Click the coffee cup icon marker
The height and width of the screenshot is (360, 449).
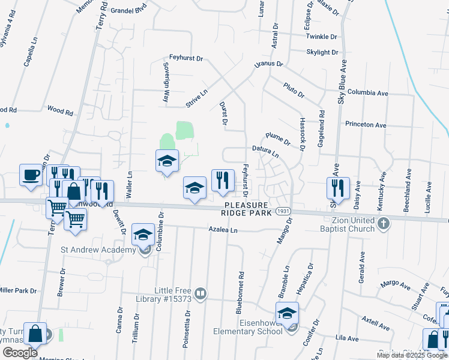click(30, 175)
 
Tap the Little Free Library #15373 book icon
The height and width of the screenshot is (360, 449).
click(201, 294)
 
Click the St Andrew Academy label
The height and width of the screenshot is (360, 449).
click(98, 250)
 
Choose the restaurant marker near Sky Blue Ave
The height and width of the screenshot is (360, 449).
click(338, 187)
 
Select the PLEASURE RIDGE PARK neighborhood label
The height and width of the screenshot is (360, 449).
click(246, 208)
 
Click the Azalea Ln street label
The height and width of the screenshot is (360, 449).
click(223, 230)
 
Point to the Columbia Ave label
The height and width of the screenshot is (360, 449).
click(367, 93)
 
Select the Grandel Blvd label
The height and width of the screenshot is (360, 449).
click(129, 10)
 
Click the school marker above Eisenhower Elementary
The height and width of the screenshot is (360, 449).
click(287, 313)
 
